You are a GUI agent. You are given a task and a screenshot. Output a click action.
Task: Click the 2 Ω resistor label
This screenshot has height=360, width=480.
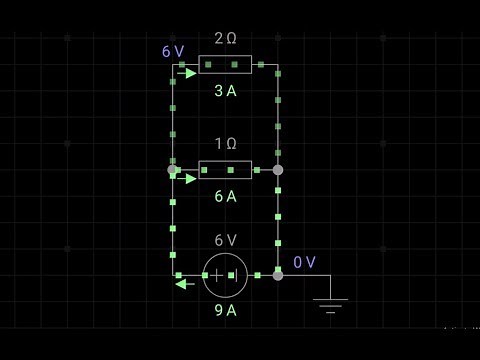pyautogui.click(x=225, y=38)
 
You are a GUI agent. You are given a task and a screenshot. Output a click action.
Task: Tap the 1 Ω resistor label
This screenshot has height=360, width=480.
pyautogui.click(x=225, y=144)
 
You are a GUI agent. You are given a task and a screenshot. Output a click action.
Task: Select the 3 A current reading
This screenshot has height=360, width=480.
pyautogui.click(x=225, y=90)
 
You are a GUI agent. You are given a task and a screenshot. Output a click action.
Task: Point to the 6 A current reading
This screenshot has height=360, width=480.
pyautogui.click(x=225, y=196)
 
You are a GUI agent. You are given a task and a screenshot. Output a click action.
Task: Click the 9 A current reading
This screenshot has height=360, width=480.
pyautogui.click(x=225, y=310)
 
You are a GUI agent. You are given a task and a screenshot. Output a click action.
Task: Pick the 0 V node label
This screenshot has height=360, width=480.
pyautogui.click(x=304, y=262)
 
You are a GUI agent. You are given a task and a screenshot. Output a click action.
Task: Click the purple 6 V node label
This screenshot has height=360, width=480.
pyautogui.click(x=173, y=51)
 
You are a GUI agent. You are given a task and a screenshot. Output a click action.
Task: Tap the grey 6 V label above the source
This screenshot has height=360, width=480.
pyautogui.click(x=225, y=240)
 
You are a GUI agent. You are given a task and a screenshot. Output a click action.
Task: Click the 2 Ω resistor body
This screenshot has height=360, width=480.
pyautogui.click(x=225, y=65)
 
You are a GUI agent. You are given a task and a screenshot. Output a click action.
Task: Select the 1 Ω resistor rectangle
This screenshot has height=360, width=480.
pyautogui.click(x=225, y=170)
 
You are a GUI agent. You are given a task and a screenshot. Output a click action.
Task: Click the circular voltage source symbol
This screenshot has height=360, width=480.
pyautogui.click(x=225, y=275)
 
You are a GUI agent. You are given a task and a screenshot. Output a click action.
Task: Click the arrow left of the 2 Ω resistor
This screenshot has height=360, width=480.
pyautogui.click(x=187, y=73)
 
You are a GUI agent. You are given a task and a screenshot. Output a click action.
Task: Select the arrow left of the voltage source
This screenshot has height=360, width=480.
pyautogui.click(x=184, y=283)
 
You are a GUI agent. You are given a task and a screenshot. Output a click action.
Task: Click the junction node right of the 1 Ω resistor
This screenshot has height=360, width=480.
pyautogui.click(x=278, y=170)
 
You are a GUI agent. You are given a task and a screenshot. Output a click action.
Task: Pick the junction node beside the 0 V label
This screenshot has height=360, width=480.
pyautogui.click(x=278, y=275)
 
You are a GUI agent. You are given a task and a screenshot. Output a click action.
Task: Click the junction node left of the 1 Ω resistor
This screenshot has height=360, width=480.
pyautogui.click(x=172, y=170)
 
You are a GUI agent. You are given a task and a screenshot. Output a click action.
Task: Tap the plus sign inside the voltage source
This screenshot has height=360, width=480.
pyautogui.click(x=216, y=275)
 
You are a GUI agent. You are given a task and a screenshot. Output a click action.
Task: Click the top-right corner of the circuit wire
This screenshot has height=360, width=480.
pyautogui.click(x=278, y=65)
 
